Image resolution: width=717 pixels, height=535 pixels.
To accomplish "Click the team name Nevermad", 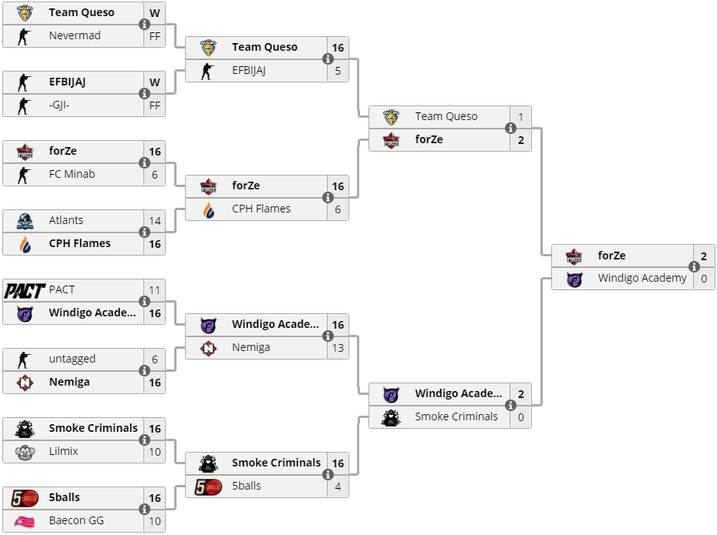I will (x=74, y=35).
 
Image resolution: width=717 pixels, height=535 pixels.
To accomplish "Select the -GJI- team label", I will (x=59, y=105).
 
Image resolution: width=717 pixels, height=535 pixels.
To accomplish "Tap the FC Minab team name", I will (x=72, y=174).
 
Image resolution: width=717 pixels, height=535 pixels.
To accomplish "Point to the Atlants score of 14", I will (x=155, y=221).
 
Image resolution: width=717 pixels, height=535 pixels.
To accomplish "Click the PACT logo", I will (x=25, y=290).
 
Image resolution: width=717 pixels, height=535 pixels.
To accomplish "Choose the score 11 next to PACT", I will (x=155, y=290).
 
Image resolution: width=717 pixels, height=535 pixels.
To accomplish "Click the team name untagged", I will (x=72, y=359).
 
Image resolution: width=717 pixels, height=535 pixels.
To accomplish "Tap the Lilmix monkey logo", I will (x=25, y=452).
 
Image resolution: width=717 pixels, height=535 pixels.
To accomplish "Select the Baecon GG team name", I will (x=76, y=520).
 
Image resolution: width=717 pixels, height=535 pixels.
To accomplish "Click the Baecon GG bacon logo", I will (x=25, y=521).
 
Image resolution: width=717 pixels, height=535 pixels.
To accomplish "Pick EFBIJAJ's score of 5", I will (x=338, y=71).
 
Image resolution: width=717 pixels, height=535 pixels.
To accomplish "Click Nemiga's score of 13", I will (x=338, y=348).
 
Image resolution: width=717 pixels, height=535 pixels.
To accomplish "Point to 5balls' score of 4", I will (x=338, y=487).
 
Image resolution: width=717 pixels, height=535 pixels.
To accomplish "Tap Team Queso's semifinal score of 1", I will (x=521, y=117).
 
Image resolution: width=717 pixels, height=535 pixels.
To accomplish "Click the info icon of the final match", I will (x=694, y=267).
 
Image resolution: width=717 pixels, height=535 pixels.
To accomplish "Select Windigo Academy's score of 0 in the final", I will (x=704, y=279).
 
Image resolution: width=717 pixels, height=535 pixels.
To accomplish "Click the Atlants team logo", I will (x=25, y=221).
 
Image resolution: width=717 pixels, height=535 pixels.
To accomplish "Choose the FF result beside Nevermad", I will (x=155, y=36).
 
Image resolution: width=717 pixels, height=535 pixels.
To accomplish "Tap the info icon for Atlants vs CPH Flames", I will (x=144, y=232).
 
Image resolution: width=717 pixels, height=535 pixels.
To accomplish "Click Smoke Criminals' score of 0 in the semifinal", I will (x=521, y=417).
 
